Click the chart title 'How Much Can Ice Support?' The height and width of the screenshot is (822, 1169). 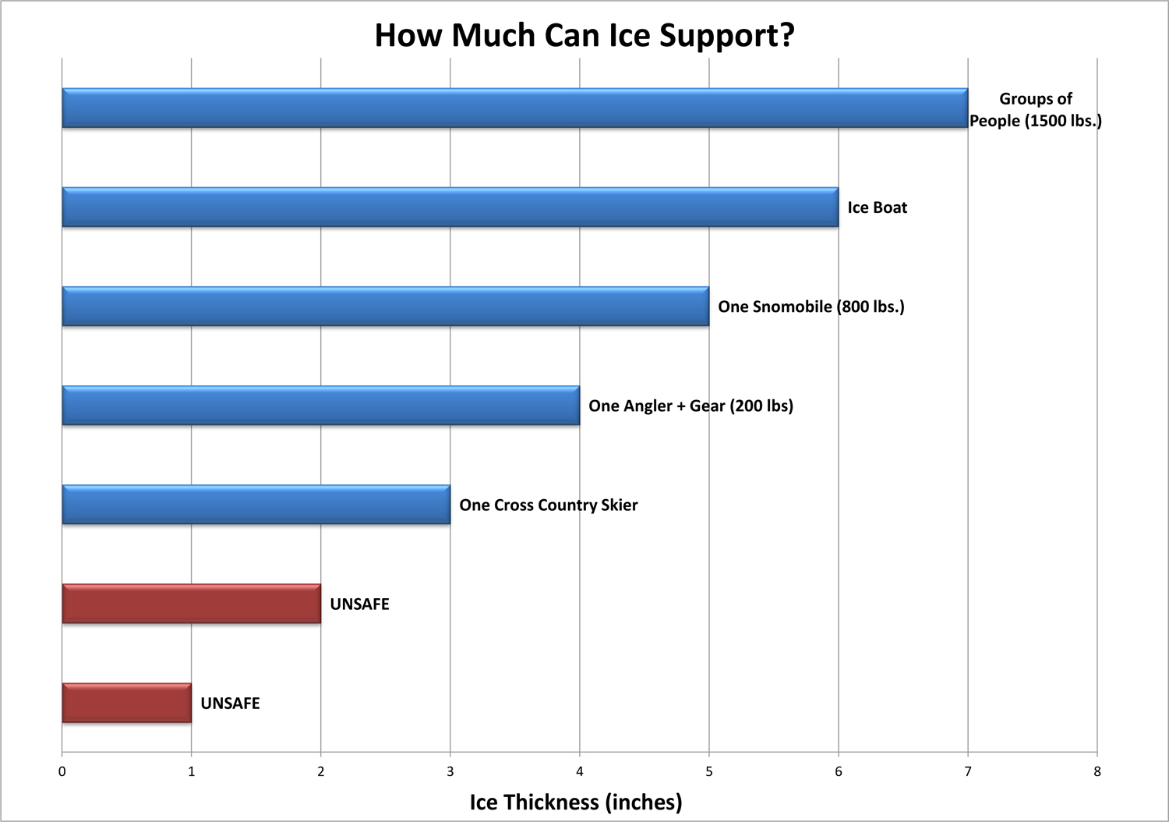(584, 36)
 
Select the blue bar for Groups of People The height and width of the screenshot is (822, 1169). (514, 108)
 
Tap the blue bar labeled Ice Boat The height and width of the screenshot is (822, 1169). (450, 207)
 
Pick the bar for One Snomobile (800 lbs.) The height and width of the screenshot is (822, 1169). (385, 306)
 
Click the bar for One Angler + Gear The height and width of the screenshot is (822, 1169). (320, 406)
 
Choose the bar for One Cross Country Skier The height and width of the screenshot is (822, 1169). (256, 505)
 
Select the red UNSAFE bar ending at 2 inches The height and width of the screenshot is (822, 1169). (191, 604)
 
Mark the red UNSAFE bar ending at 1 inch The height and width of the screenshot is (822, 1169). (126, 703)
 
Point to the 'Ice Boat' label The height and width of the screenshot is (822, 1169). (878, 207)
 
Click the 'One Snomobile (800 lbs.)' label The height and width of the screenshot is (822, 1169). (811, 306)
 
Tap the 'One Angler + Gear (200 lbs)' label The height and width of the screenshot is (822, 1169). (690, 406)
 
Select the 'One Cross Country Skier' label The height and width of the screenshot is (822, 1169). (548, 505)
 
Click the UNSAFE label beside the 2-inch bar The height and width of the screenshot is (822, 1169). (359, 604)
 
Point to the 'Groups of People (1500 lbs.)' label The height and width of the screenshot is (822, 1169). (1035, 110)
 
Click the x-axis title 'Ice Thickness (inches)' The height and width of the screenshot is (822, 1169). (576, 802)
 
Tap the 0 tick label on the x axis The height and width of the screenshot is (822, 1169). (62, 772)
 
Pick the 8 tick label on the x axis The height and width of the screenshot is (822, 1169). (1097, 772)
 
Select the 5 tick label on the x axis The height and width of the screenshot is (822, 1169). (709, 772)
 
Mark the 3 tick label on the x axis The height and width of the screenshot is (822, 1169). (450, 772)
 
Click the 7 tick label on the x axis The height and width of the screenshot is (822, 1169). (968, 772)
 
